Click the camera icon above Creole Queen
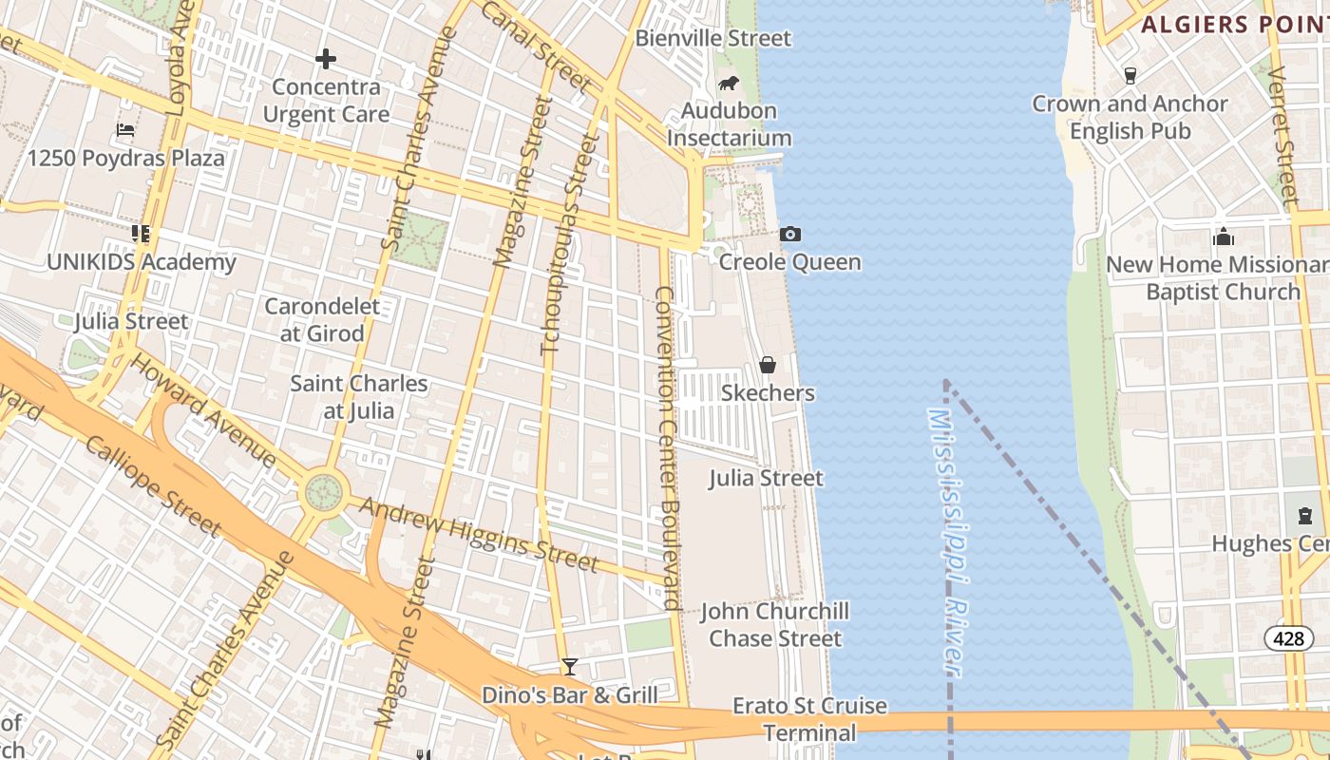pos(789,234)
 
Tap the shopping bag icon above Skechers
pos(768,365)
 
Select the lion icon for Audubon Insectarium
pos(729,83)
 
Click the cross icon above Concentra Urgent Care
pos(326,59)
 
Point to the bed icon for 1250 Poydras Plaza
pos(125,130)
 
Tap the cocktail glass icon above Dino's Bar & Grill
pos(570,667)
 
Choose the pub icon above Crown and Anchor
pos(1130,75)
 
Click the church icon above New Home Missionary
pos(1223,236)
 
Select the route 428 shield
pos(1288,638)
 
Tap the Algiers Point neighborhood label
pos(1234,25)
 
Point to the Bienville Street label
pos(712,39)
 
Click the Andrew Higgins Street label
pos(480,535)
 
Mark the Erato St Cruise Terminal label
pos(809,719)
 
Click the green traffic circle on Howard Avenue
pos(323,492)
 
